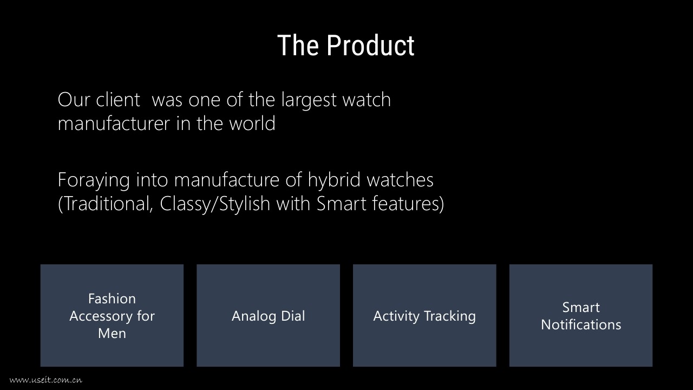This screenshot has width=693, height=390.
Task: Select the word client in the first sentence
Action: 118,99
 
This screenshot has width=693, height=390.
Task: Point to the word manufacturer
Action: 114,123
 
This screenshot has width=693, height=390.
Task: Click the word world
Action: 252,123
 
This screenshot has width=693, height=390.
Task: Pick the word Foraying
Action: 94,180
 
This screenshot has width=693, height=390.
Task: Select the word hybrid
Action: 334,180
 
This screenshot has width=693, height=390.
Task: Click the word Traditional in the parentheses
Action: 105,204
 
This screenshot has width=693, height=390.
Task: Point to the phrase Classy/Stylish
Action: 215,204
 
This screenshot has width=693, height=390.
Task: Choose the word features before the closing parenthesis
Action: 406,203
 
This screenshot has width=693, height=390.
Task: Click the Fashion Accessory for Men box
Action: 112,315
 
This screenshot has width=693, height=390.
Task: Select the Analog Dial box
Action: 268,315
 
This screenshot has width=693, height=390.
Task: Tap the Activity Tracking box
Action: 424,315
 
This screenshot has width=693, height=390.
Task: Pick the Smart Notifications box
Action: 581,315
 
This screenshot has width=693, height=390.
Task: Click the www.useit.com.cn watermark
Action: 46,380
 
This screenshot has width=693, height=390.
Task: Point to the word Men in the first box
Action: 112,333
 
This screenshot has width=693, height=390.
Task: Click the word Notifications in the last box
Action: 581,324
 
